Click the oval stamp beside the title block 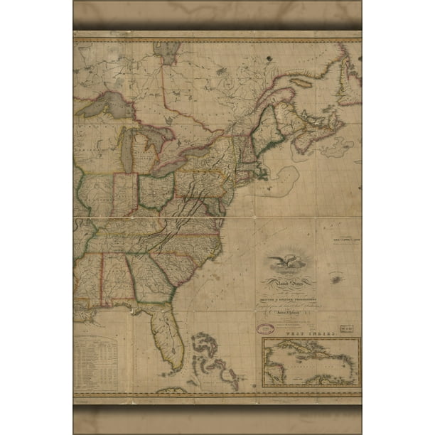click(x=265, y=329)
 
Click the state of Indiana click(x=124, y=194)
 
